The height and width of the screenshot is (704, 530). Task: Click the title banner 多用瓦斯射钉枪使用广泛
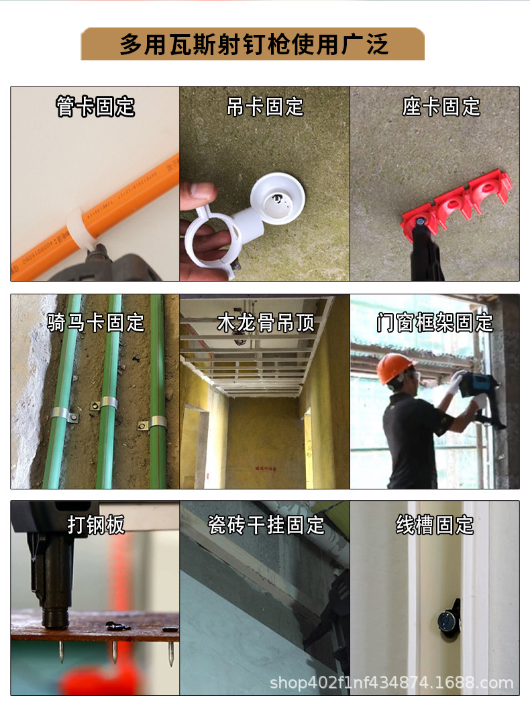coord(253,44)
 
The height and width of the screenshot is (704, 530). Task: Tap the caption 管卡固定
coord(95,107)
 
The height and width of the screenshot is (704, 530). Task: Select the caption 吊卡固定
coord(265,107)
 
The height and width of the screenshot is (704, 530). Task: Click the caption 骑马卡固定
coord(95,322)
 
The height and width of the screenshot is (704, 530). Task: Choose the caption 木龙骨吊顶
coord(265,322)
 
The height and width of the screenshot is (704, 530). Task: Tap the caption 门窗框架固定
coord(435,322)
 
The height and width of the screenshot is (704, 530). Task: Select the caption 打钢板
coord(96,525)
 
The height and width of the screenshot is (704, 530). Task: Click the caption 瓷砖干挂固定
coord(266,525)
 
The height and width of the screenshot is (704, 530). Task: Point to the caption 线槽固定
coord(435,525)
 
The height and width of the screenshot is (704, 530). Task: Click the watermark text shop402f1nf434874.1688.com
coord(391,683)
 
